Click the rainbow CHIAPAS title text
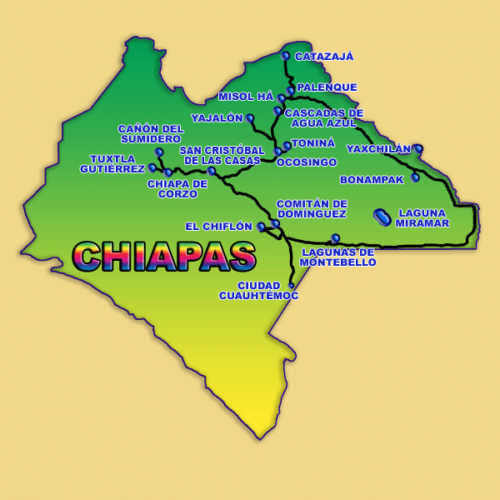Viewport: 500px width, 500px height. tap(164, 257)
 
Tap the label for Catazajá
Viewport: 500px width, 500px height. tap(324, 57)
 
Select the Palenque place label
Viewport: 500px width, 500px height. tap(327, 87)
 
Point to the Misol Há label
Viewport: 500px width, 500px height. tap(246, 97)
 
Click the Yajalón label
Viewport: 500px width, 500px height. tap(217, 118)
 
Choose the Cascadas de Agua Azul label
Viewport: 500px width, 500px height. tap(323, 117)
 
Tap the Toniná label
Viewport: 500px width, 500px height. tap(313, 143)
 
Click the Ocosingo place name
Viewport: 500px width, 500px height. tap(307, 162)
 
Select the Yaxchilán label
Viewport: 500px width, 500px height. tap(378, 150)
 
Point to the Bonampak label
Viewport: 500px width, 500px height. tap(372, 180)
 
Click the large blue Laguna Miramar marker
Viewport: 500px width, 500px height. tap(382, 217)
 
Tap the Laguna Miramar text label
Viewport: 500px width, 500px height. tap(422, 218)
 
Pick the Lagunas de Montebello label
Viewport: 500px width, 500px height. tap(337, 257)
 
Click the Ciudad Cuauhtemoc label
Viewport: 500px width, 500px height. tap(258, 290)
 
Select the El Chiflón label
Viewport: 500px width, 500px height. tap(218, 227)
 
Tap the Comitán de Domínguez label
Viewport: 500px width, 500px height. tap(311, 208)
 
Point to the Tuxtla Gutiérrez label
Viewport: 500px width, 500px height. tap(112, 164)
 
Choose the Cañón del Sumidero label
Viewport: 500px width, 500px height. tap(150, 133)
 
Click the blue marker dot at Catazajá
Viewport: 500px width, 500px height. tap(286, 56)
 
